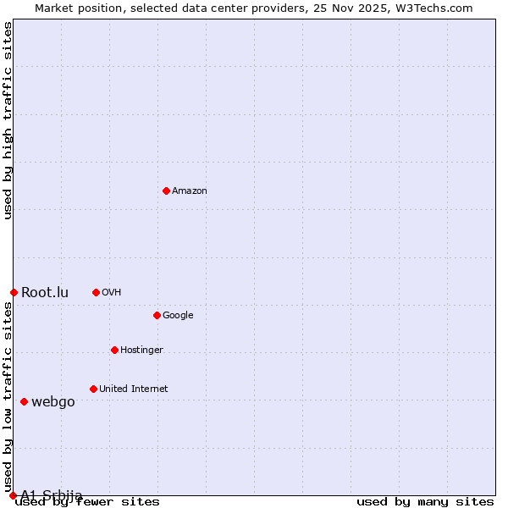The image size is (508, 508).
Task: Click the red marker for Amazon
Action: [x=166, y=190]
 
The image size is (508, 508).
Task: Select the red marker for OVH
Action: [x=96, y=292]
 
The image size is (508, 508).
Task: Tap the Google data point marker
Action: [x=157, y=315]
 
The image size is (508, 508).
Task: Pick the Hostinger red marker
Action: [x=114, y=350]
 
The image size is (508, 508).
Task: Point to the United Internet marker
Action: [x=93, y=389]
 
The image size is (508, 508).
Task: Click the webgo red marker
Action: [x=24, y=401]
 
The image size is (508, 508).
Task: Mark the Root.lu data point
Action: [x=14, y=292]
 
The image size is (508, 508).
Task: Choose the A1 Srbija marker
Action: [x=13, y=495]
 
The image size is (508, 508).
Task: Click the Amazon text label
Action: [x=190, y=191]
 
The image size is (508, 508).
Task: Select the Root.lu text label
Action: [x=45, y=293]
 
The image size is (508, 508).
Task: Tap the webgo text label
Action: [x=53, y=402]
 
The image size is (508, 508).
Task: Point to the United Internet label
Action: [x=134, y=389]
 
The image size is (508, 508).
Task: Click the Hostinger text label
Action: [x=141, y=351]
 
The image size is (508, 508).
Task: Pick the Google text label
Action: [x=178, y=316]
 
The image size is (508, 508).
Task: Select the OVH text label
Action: [x=111, y=293]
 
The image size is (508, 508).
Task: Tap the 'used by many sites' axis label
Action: [x=425, y=502]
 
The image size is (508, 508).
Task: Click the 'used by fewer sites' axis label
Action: [x=87, y=502]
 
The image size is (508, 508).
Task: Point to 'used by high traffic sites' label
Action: [x=8, y=120]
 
